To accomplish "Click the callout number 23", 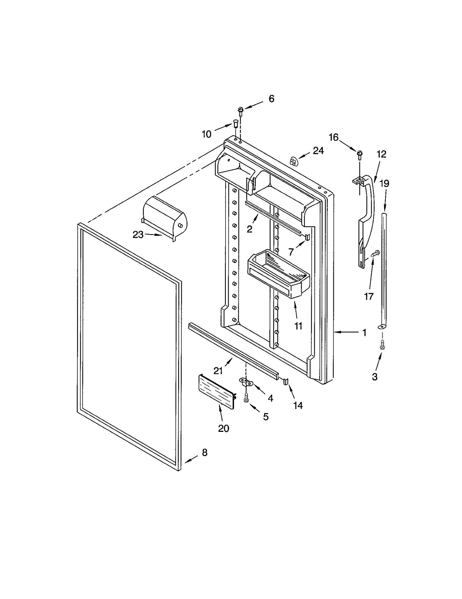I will (138, 235).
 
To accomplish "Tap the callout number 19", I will (384, 184).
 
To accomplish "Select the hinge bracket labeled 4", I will (246, 382).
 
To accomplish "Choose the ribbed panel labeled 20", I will (216, 391).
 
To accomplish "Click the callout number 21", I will (218, 371).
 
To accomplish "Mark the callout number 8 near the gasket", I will (204, 453).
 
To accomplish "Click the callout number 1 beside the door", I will (364, 333).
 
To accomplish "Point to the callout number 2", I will (249, 229).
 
